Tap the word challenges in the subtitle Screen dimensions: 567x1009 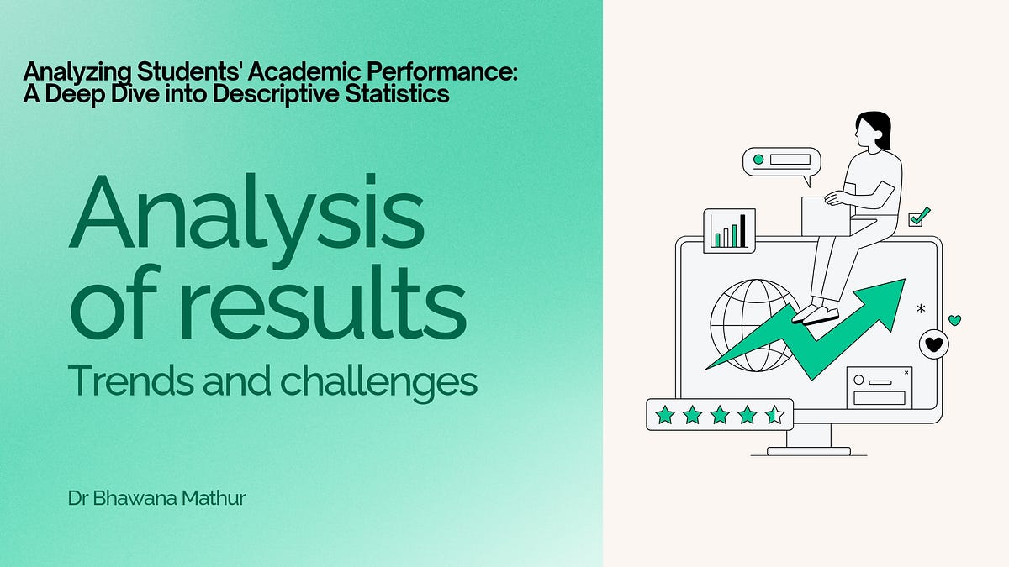click(x=378, y=382)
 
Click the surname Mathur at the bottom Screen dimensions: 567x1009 click(x=217, y=498)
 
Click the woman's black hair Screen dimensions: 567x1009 click(x=875, y=129)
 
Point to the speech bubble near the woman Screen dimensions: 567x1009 click(x=781, y=161)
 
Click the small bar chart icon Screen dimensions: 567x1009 click(x=729, y=230)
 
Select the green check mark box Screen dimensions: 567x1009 click(x=919, y=217)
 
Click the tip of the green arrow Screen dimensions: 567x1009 click(x=901, y=282)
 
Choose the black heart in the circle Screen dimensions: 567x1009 click(x=933, y=344)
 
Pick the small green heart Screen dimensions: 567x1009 click(x=954, y=320)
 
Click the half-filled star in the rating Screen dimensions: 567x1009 click(x=774, y=414)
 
